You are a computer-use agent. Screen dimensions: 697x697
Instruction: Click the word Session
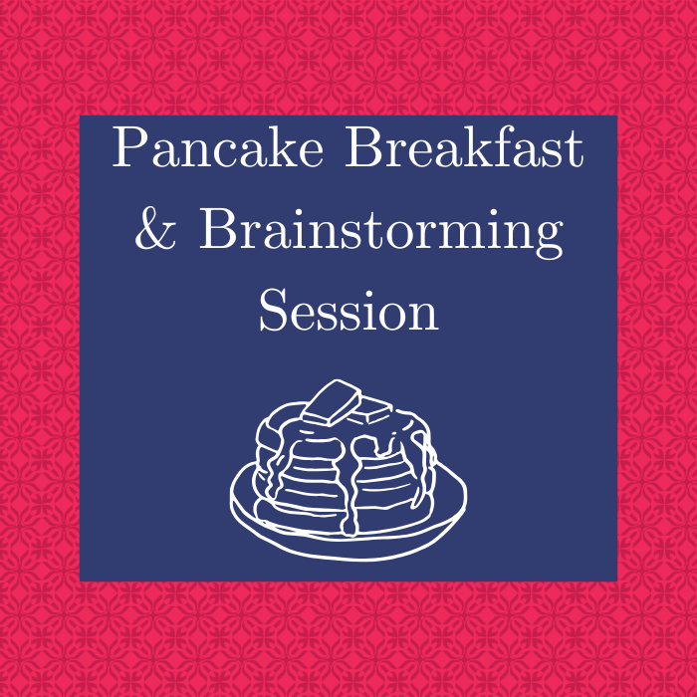pyautogui.click(x=348, y=311)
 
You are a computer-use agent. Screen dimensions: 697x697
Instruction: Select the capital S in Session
pyautogui.click(x=275, y=311)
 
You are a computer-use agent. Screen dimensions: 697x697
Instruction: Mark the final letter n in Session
pyautogui.click(x=422, y=317)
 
